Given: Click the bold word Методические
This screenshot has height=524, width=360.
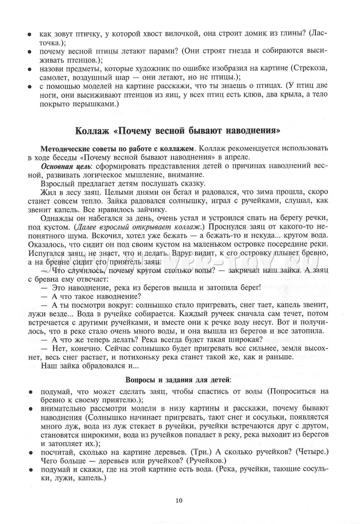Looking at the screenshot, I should tap(61, 148).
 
